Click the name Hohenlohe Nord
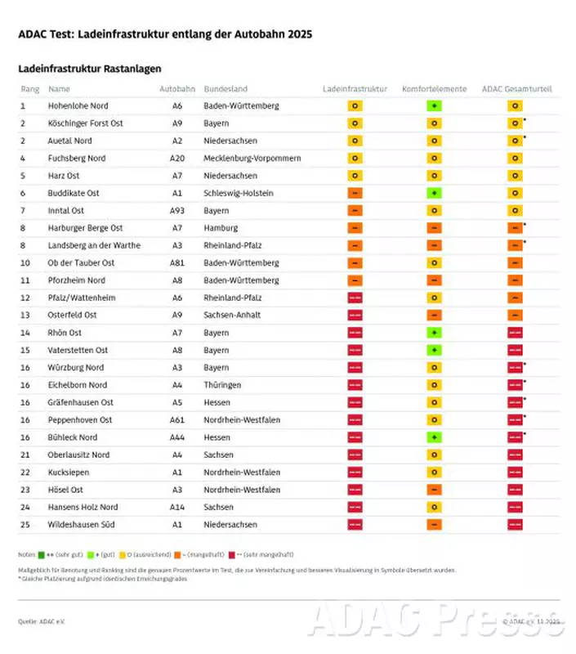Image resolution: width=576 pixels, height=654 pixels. pyautogui.click(x=78, y=105)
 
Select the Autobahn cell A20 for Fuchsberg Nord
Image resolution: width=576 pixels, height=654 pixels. pyautogui.click(x=177, y=158)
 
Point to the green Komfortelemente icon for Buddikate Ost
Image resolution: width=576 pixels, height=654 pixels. pyautogui.click(x=435, y=193)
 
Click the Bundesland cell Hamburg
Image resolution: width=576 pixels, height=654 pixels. pyautogui.click(x=221, y=228)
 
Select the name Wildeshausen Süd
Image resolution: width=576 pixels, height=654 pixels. pyautogui.click(x=81, y=525)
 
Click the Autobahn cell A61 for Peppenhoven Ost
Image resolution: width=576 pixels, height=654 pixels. pyautogui.click(x=177, y=420)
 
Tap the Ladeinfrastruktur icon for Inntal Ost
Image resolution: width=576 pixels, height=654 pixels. pyautogui.click(x=355, y=210)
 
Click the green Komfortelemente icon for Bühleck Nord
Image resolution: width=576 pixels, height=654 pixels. pyautogui.click(x=435, y=437)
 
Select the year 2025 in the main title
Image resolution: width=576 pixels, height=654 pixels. pyautogui.click(x=297, y=34)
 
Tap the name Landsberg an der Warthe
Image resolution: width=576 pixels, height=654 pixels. pyautogui.click(x=94, y=245)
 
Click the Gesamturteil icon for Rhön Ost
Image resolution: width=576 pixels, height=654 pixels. pyautogui.click(x=516, y=333)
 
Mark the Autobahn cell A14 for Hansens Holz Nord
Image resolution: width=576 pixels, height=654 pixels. pyautogui.click(x=177, y=507)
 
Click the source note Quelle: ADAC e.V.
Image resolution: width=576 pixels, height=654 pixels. pyautogui.click(x=41, y=622)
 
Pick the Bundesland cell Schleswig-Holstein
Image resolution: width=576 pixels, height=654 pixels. pyautogui.click(x=239, y=193)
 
